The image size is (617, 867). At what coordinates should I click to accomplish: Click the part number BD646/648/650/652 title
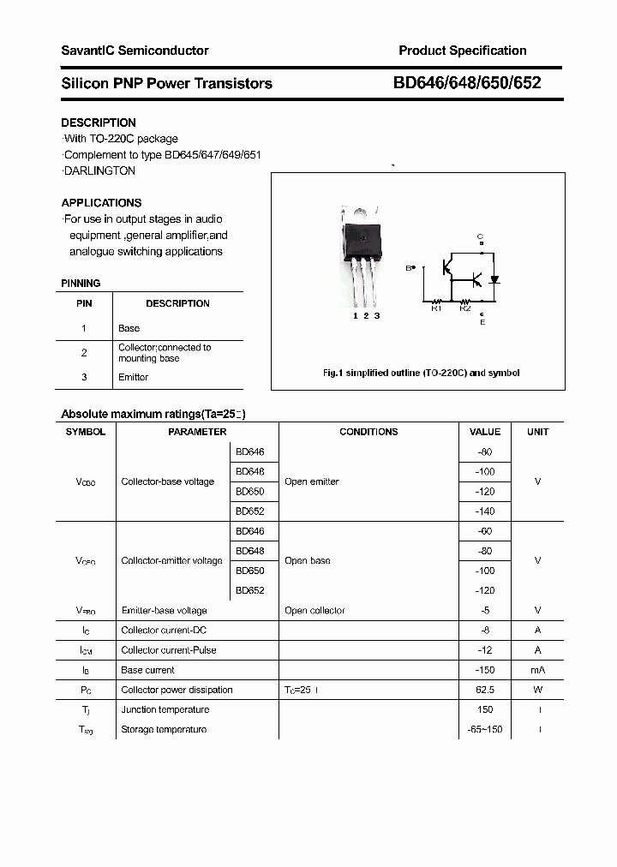[467, 83]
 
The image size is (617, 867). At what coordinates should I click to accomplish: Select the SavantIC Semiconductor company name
[135, 51]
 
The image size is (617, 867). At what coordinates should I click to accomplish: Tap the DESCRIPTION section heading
[99, 123]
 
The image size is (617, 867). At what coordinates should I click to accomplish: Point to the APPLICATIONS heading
[101, 203]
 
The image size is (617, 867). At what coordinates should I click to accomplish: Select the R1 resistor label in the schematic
[435, 308]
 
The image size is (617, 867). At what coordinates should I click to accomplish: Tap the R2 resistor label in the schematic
[464, 308]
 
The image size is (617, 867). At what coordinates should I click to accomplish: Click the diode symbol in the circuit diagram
[494, 279]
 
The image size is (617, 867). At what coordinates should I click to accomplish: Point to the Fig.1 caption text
[421, 373]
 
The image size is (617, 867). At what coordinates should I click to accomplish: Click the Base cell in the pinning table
[129, 328]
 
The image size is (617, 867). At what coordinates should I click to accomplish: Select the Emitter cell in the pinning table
[133, 377]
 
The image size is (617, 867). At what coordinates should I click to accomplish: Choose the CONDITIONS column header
[368, 432]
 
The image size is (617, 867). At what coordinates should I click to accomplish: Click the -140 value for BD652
[485, 511]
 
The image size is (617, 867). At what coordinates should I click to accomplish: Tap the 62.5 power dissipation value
[485, 690]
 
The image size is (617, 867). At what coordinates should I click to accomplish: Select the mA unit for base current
[537, 670]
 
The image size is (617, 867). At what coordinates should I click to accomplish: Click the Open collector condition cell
[314, 611]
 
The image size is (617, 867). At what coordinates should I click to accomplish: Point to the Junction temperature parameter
[165, 709]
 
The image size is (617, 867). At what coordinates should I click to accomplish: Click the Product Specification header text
[462, 51]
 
